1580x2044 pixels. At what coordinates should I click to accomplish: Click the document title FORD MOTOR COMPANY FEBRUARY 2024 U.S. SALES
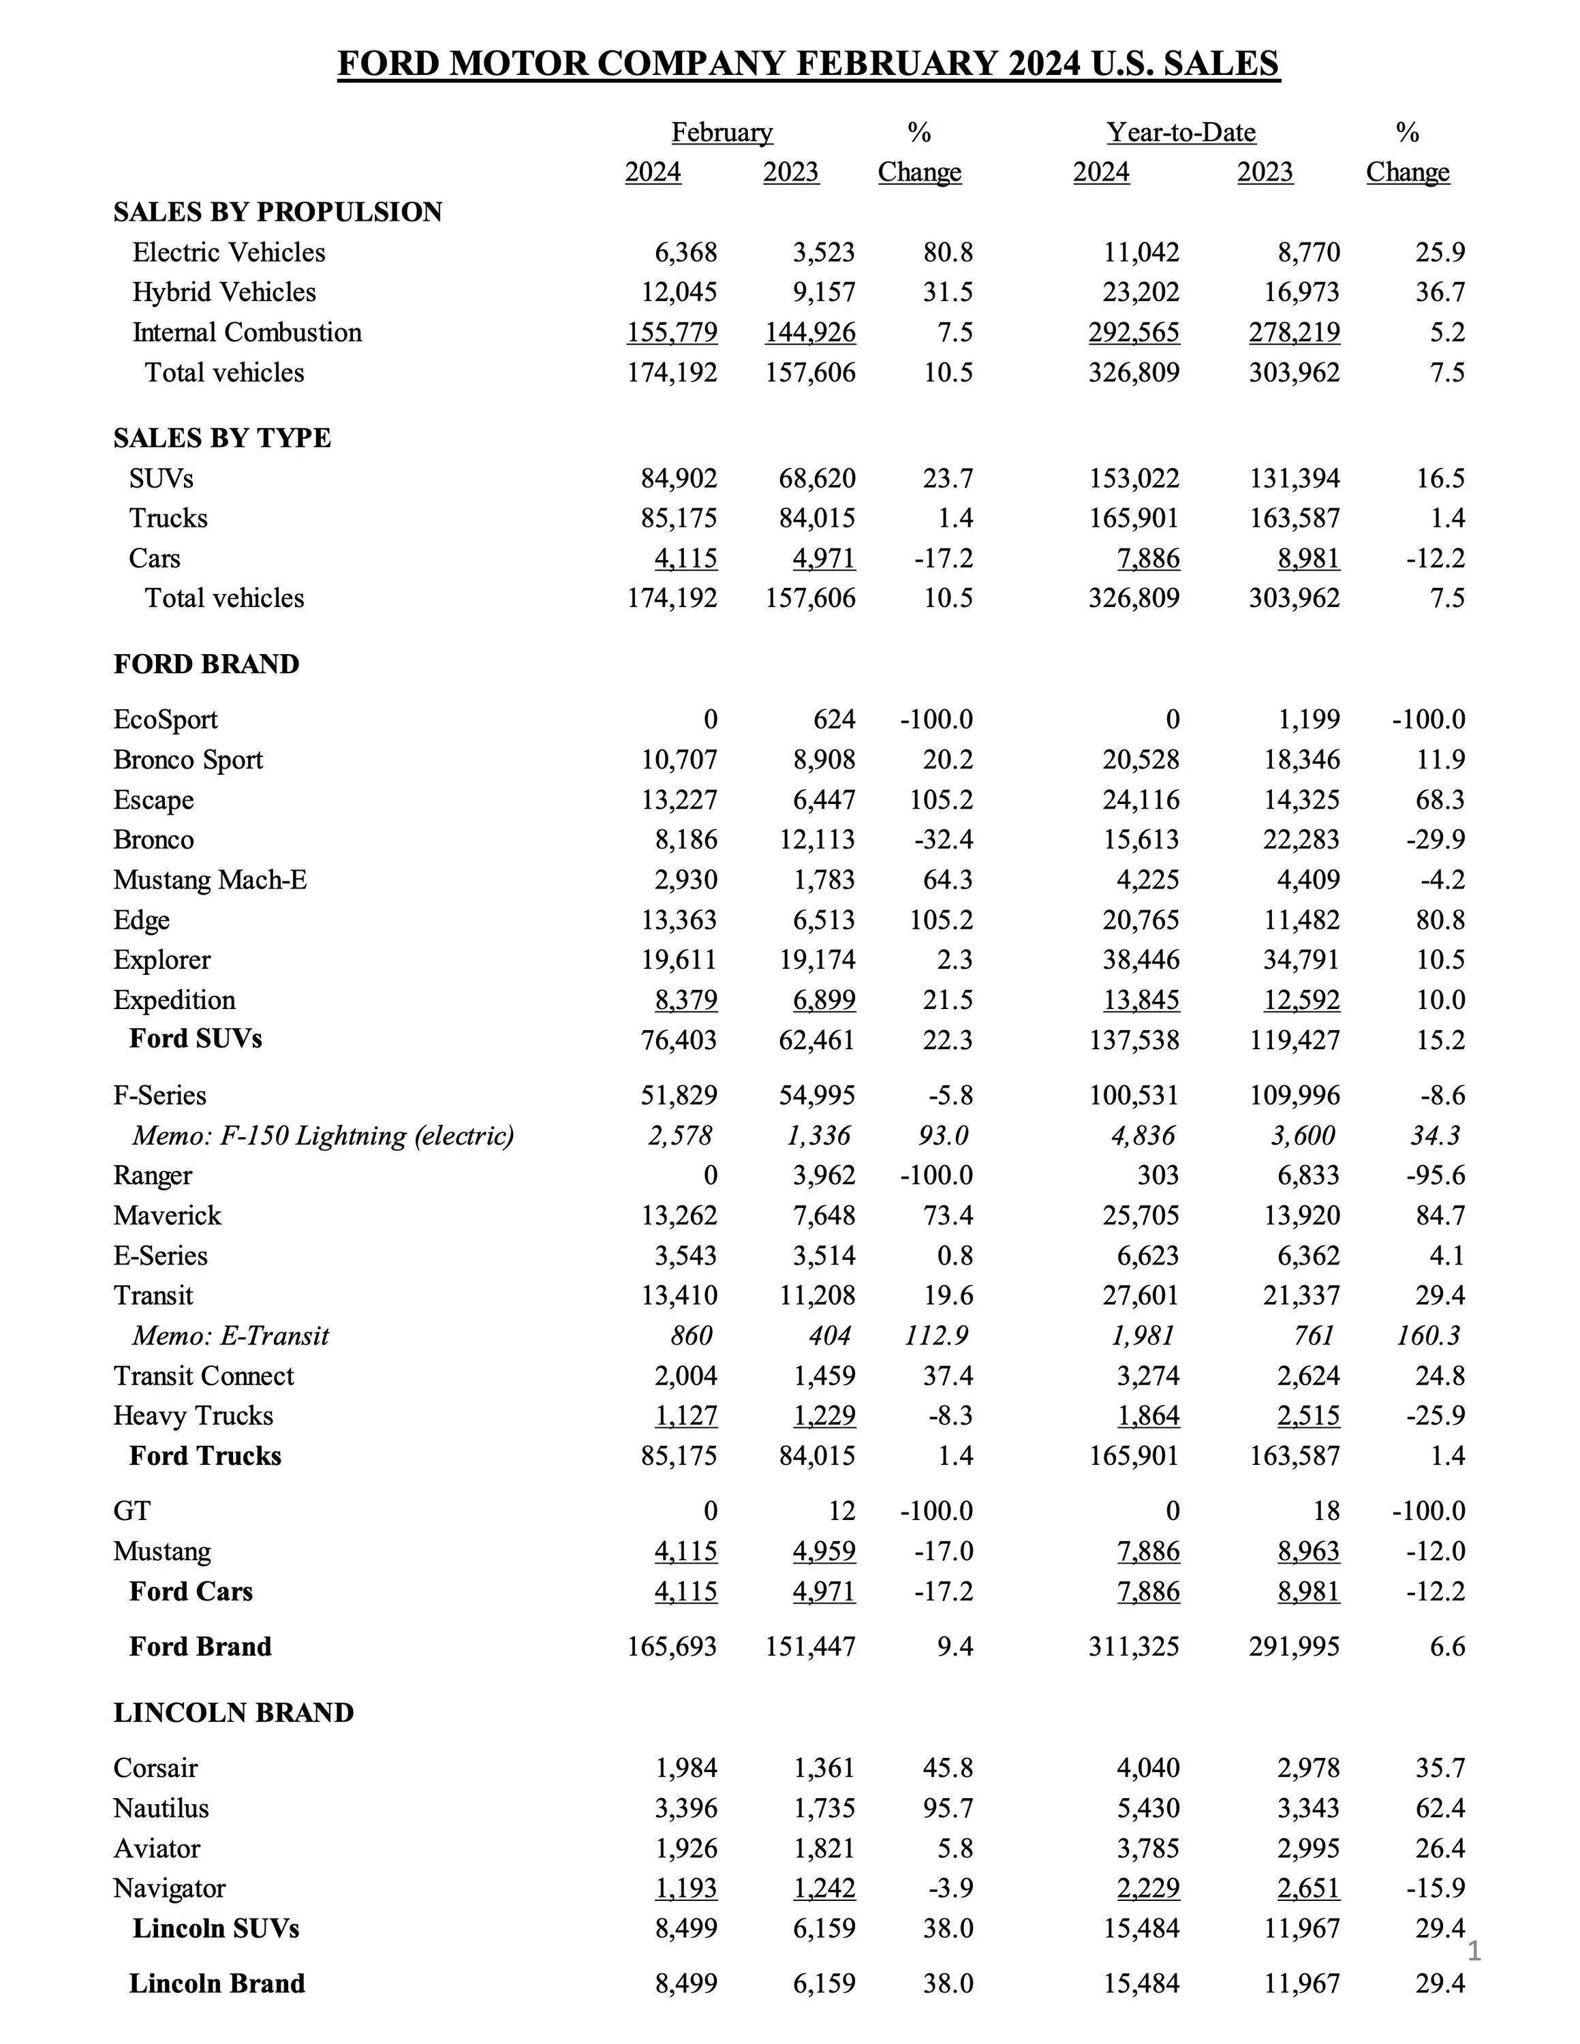point(808,63)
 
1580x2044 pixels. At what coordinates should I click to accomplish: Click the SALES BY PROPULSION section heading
point(278,213)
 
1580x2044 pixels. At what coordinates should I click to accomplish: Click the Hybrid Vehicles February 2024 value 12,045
point(679,292)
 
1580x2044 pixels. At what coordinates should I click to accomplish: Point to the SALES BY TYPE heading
point(222,438)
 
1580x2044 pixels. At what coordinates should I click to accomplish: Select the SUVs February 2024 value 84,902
point(679,478)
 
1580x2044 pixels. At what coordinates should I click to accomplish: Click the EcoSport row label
point(165,719)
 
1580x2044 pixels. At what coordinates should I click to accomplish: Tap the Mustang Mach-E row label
point(210,880)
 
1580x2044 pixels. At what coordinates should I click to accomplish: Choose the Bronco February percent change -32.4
point(944,839)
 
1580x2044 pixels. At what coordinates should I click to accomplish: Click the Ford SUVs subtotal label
point(196,1039)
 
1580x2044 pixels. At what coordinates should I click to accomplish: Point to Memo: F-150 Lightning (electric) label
point(323,1135)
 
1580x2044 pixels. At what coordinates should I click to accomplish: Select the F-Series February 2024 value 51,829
point(679,1095)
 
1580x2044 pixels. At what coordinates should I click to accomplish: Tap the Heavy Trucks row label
point(193,1415)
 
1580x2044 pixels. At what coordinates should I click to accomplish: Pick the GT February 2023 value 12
point(841,1511)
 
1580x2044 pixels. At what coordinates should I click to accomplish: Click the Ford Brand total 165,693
point(671,1646)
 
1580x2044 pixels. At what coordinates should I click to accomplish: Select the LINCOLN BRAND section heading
point(233,1713)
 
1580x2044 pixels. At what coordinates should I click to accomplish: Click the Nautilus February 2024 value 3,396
point(685,1808)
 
